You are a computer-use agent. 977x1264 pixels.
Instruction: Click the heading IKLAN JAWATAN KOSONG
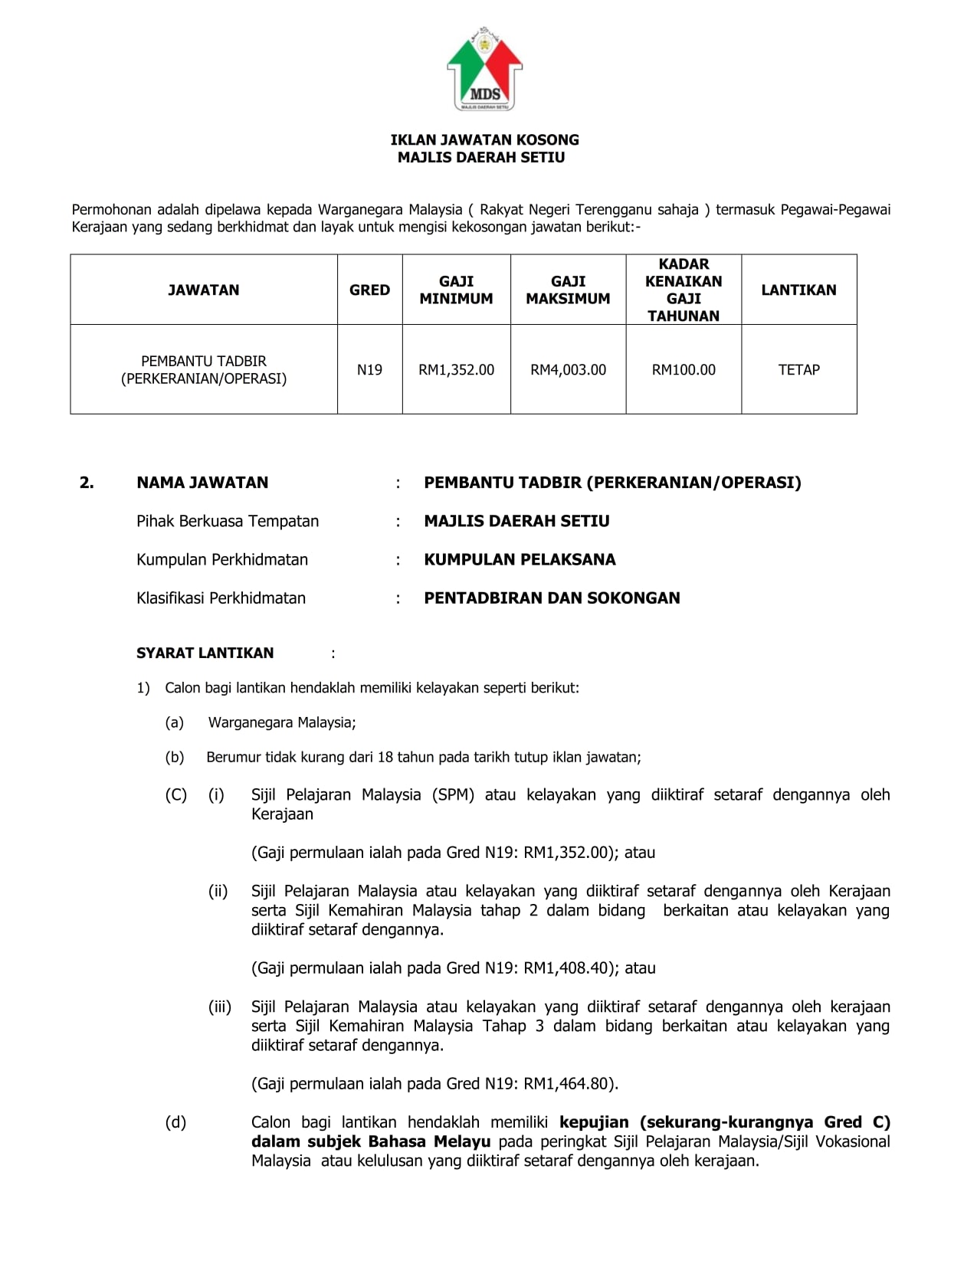point(484,139)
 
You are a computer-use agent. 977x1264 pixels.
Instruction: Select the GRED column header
point(369,290)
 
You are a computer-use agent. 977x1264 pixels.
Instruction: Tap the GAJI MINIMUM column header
point(456,290)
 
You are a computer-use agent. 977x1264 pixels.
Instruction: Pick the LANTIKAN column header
point(798,290)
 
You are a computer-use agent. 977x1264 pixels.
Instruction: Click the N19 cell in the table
point(369,370)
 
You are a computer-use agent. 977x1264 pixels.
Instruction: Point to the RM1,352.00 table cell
point(456,370)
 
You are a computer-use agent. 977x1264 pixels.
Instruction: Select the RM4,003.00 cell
point(568,370)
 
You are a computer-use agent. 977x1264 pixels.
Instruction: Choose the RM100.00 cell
point(684,370)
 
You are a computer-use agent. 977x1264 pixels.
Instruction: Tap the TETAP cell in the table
point(798,370)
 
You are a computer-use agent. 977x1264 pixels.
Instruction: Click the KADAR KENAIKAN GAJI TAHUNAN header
point(684,290)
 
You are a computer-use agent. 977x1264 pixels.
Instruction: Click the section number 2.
point(87,483)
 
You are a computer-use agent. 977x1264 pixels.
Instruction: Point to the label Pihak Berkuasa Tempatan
point(228,521)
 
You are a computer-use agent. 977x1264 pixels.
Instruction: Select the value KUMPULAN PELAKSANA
point(520,559)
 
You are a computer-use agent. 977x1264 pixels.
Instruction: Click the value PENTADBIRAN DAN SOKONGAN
point(552,598)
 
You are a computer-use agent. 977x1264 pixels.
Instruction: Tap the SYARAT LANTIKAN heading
point(205,653)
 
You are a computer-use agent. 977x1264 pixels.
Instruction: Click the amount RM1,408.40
point(567,968)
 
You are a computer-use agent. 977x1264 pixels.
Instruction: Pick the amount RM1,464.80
point(567,1084)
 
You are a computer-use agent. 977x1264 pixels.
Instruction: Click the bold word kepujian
point(594,1122)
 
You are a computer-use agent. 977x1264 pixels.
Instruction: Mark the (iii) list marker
point(219,1007)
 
